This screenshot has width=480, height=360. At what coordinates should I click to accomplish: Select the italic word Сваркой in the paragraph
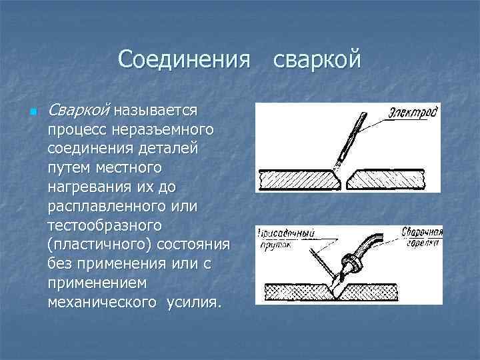(x=79, y=109)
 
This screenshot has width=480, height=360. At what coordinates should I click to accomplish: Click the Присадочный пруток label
(x=287, y=239)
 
